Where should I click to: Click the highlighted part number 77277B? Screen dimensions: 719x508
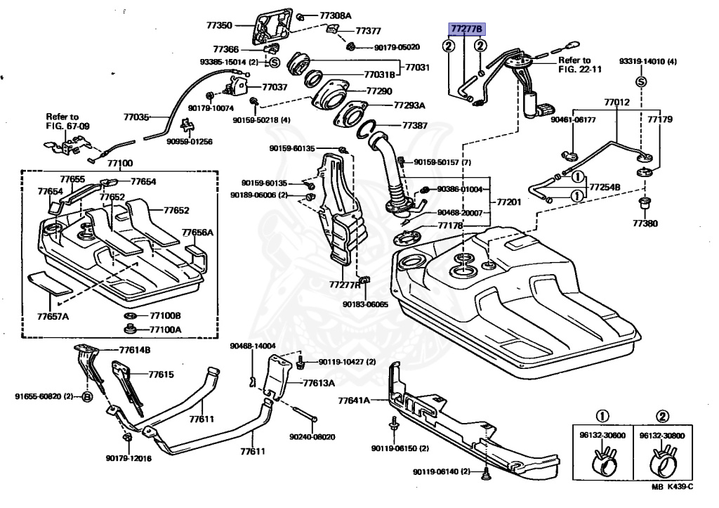[466, 30]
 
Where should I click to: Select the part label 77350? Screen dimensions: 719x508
[219, 26]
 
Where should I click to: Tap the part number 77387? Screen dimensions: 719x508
[414, 125]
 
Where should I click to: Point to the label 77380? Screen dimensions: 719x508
[645, 223]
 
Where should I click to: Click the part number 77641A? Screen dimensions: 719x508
[354, 400]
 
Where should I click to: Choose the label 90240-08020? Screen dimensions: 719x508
[312, 437]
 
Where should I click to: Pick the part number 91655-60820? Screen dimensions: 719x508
[38, 396]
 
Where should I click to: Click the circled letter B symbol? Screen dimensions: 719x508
[87, 396]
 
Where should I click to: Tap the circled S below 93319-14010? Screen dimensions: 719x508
[641, 82]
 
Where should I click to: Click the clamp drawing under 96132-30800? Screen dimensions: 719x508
[663, 461]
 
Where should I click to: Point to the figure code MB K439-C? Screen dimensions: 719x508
[672, 487]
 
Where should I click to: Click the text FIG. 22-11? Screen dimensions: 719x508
[579, 70]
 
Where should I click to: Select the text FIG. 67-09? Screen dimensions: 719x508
[68, 126]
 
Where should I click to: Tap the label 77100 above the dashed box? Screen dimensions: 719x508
[120, 163]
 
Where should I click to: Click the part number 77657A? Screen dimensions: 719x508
[53, 317]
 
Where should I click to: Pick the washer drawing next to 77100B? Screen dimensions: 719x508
[130, 315]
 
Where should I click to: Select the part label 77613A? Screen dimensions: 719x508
[319, 383]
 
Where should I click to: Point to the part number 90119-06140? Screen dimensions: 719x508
[436, 471]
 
